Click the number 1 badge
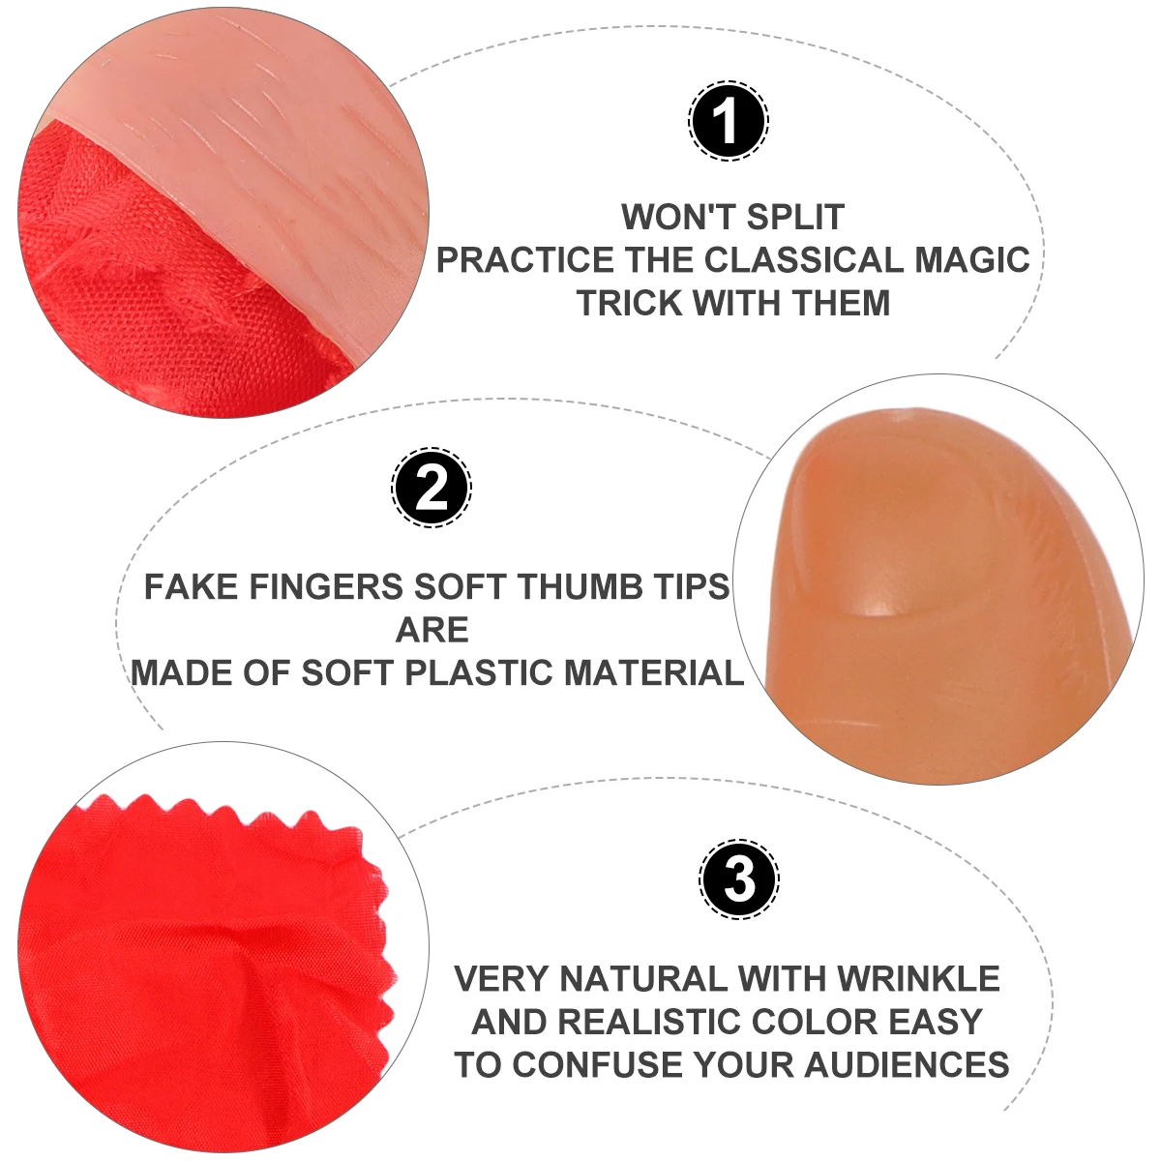pos(728,122)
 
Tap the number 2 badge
pos(432,488)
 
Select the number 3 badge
pos(739,879)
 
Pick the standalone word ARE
pos(432,630)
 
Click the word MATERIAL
pos(654,672)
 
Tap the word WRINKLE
pos(918,978)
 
